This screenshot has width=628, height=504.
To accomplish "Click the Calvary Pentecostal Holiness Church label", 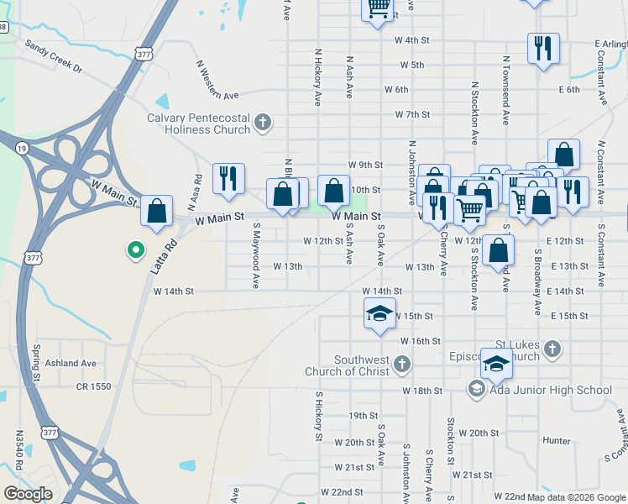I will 198,123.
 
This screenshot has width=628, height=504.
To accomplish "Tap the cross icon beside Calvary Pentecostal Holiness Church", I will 263,123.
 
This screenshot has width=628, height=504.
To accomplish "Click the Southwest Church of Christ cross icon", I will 402,364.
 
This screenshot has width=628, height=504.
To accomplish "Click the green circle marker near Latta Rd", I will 133,249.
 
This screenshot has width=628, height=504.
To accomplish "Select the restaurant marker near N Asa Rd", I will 228,179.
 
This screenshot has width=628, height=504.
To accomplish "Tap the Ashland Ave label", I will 72,364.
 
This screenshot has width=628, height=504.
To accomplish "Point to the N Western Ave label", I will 213,79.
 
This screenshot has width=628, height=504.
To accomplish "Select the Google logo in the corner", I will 28,494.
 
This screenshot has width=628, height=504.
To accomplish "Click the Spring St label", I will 36,363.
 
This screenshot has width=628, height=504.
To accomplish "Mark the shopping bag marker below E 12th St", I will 499,250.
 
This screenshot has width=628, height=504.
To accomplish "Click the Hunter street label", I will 557,440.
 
